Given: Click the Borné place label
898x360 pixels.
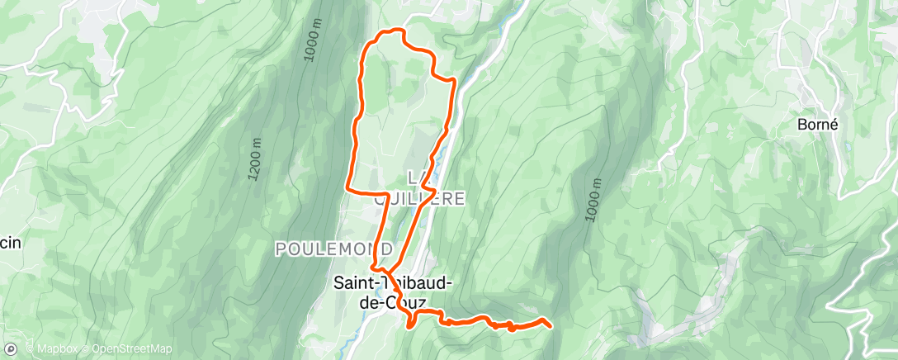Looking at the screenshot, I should coord(818,125).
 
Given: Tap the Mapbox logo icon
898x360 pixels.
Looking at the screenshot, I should coord(10,349).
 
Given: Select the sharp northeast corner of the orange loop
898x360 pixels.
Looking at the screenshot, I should coord(455,80).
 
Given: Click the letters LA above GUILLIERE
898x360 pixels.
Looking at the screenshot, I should coord(419,178).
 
